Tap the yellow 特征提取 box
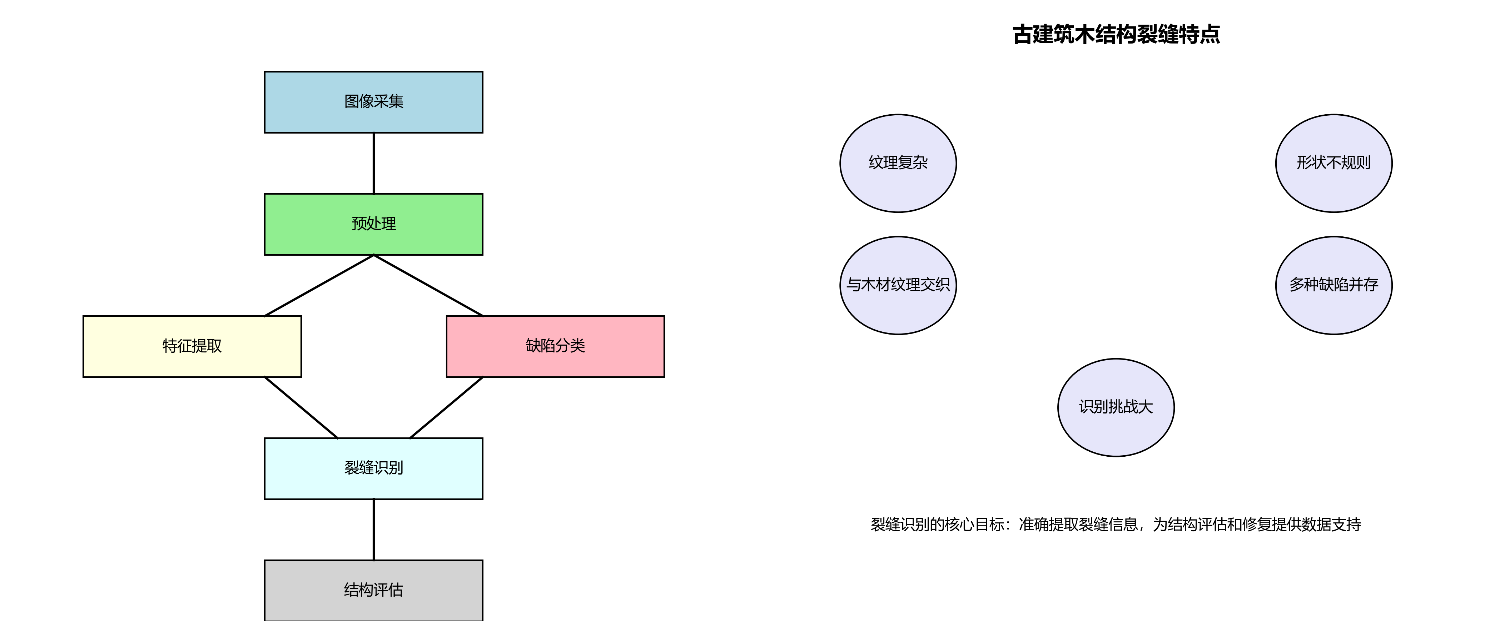192,346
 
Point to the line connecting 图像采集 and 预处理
374,163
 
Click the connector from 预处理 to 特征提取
319,286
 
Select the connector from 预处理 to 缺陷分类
429,286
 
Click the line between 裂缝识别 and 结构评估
374,530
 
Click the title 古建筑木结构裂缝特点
1116,35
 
